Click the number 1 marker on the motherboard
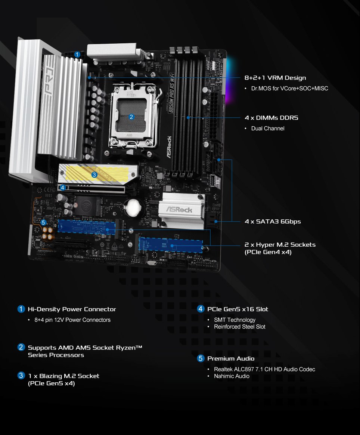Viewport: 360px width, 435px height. click(77, 55)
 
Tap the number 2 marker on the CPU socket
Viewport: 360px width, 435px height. click(131, 117)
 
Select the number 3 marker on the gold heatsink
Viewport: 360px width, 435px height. click(94, 174)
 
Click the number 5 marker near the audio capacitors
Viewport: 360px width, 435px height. click(44, 222)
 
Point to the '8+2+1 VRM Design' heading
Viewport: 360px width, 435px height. click(275, 78)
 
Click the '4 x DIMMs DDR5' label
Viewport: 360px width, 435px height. click(271, 118)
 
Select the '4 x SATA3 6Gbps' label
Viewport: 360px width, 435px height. click(273, 221)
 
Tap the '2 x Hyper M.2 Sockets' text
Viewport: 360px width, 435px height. click(280, 244)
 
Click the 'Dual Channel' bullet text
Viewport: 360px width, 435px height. click(268, 128)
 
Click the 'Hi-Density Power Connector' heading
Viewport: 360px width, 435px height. click(72, 309)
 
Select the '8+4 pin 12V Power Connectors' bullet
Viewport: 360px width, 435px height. click(72, 320)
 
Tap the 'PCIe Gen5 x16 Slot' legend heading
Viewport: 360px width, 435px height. click(238, 309)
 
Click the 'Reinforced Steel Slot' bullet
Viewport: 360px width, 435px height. click(239, 327)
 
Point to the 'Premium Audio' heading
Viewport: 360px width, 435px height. click(231, 358)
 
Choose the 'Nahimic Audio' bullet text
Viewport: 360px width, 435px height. click(232, 376)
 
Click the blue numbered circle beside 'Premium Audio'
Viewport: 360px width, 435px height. click(201, 358)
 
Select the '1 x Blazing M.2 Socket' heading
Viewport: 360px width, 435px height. click(63, 376)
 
